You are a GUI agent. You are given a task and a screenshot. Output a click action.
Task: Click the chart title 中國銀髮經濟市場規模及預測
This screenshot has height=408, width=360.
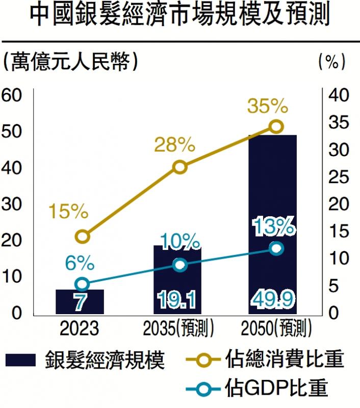pyautogui.click(x=179, y=16)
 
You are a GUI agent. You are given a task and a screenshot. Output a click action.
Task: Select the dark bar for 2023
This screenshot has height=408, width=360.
pyautogui.click(x=80, y=301)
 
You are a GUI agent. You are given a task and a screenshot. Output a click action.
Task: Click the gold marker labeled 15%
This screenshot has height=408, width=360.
pyautogui.click(x=83, y=236)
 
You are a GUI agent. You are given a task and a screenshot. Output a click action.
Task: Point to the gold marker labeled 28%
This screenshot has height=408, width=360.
pyautogui.click(x=179, y=167)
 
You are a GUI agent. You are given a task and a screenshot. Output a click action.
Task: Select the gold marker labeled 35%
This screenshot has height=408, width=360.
pyautogui.click(x=276, y=126)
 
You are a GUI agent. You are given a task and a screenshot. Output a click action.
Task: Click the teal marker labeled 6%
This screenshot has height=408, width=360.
pyautogui.click(x=82, y=284)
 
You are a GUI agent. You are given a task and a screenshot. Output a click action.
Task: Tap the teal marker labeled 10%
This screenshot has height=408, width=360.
pyautogui.click(x=179, y=265)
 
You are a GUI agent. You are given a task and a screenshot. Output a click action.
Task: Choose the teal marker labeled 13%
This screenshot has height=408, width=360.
pyautogui.click(x=276, y=248)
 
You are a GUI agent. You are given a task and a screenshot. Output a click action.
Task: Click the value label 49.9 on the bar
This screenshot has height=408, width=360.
pyautogui.click(x=272, y=301)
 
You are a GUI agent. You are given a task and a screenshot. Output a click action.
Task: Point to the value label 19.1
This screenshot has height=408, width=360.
pyautogui.click(x=178, y=301)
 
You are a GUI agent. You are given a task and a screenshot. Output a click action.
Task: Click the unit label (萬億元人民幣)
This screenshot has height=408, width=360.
pyautogui.click(x=70, y=61)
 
